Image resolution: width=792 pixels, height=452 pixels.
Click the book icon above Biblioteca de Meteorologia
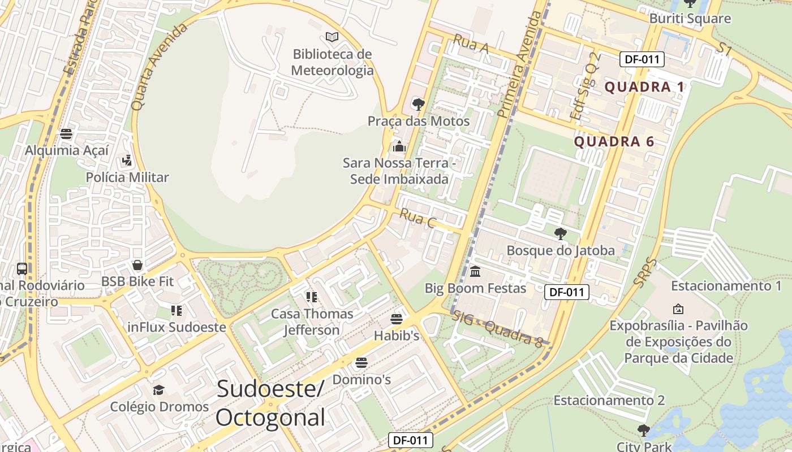pyautogui.click(x=332, y=37)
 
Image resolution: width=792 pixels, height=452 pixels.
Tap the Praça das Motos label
pyautogui.click(x=419, y=121)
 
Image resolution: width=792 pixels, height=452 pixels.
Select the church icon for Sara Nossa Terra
pyautogui.click(x=399, y=147)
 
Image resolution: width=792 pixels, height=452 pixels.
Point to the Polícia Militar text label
pyautogui.click(x=127, y=177)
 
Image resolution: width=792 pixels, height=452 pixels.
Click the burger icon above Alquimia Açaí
pyautogui.click(x=66, y=134)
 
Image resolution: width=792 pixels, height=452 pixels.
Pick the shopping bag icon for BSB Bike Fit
pyautogui.click(x=137, y=265)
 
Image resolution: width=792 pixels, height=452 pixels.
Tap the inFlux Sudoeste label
pyautogui.click(x=177, y=327)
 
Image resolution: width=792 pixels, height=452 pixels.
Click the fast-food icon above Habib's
pyautogui.click(x=397, y=319)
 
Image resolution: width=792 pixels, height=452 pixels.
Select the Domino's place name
pyautogui.click(x=361, y=380)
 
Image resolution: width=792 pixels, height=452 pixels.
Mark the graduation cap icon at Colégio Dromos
pyautogui.click(x=159, y=390)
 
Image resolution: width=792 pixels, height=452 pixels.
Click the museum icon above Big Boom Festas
pyautogui.click(x=475, y=272)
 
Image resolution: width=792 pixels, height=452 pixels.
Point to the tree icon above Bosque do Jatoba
pyautogui.click(x=560, y=234)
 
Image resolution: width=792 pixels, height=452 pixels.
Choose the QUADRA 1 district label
pyautogui.click(x=645, y=87)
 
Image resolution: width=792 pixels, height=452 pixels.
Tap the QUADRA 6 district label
pyautogui.click(x=614, y=142)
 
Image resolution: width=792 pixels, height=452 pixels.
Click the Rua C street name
pyautogui.click(x=417, y=218)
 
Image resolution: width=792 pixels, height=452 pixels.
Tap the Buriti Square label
pyautogui.click(x=690, y=19)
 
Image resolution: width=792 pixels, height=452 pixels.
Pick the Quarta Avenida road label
pyautogui.click(x=159, y=67)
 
